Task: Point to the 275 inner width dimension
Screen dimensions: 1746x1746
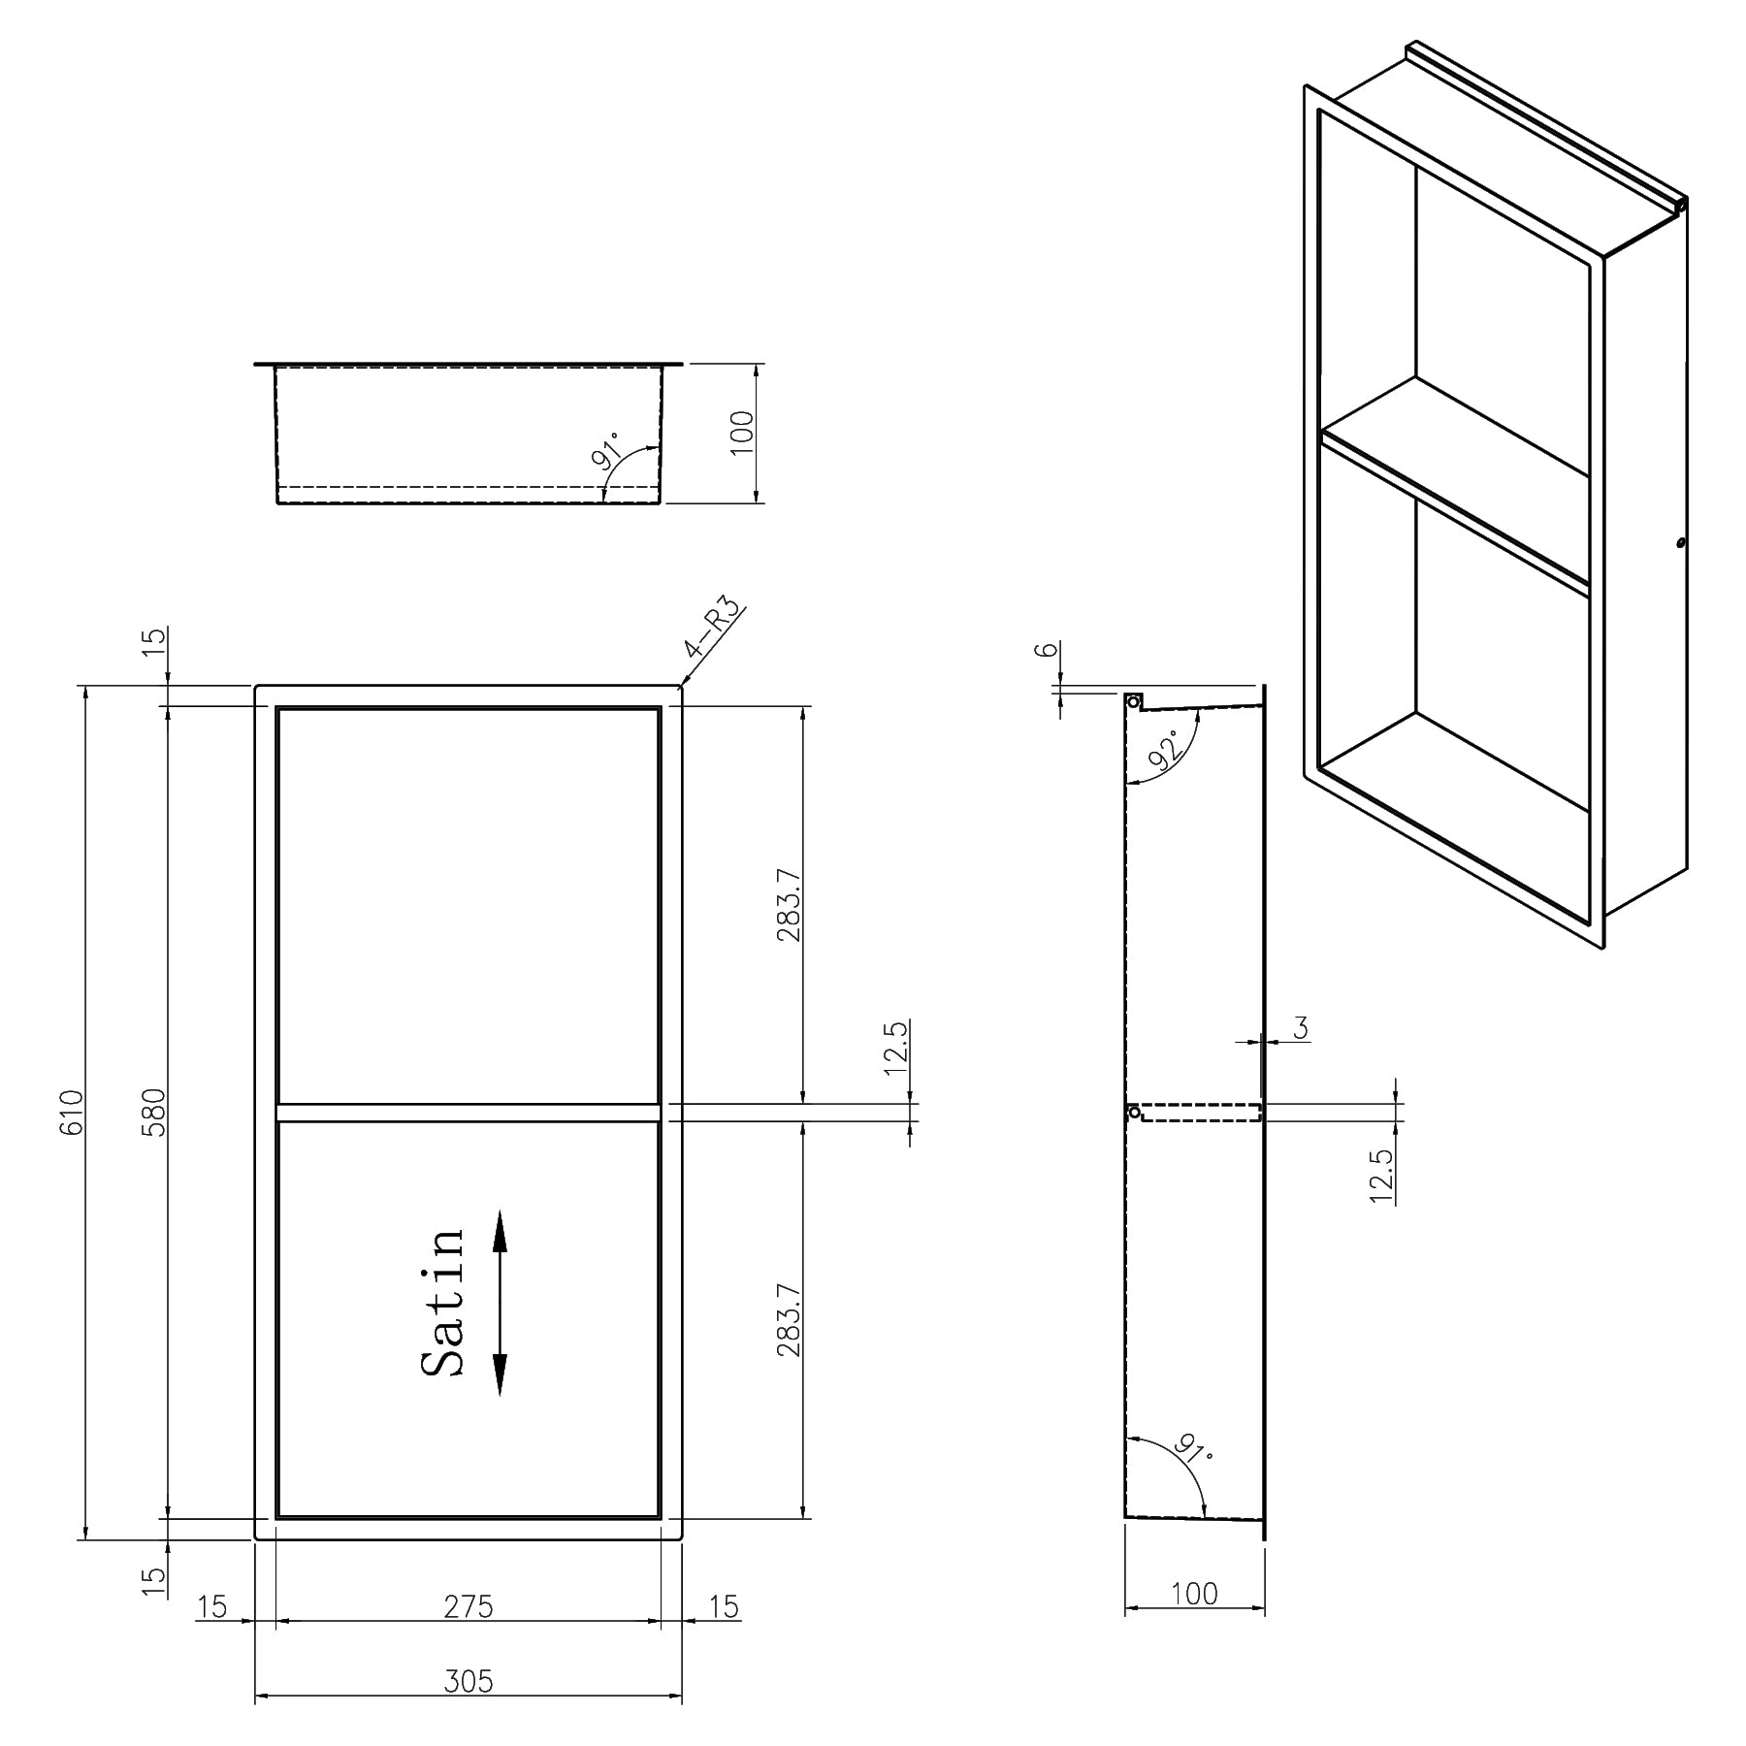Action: click(469, 1606)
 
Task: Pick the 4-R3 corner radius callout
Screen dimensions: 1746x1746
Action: click(714, 629)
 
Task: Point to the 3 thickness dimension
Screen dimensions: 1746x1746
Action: click(1301, 1028)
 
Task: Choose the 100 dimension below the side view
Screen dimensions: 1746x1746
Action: click(1194, 1593)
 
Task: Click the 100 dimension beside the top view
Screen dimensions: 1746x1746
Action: click(742, 433)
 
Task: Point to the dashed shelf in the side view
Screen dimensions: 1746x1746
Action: click(1201, 1113)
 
